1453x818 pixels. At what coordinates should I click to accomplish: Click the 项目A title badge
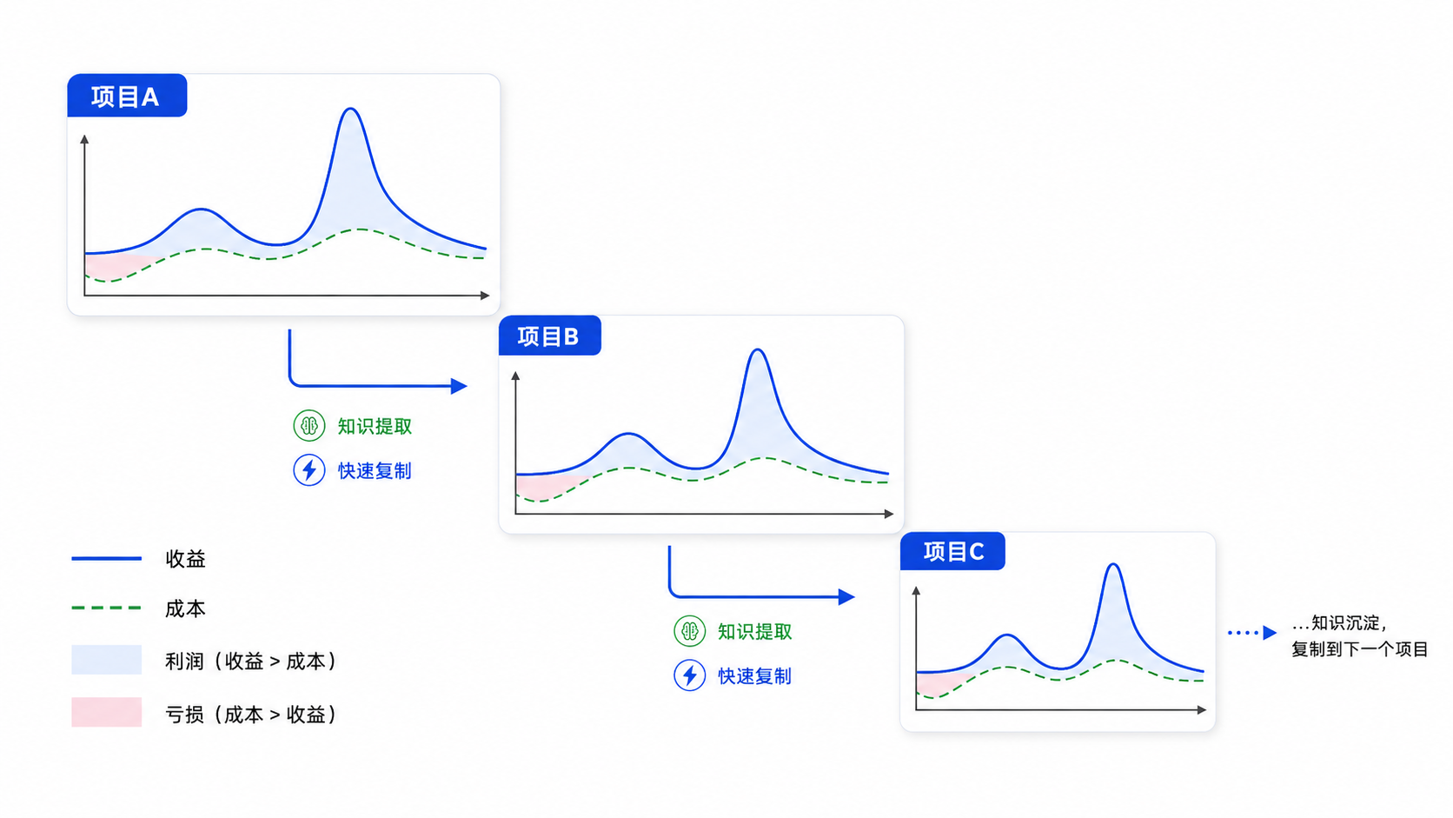[127, 96]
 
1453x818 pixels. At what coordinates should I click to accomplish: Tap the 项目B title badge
[549, 336]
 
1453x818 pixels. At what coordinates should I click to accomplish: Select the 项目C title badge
[952, 551]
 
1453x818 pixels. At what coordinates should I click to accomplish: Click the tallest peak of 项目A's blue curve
[351, 109]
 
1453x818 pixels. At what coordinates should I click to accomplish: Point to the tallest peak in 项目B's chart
[758, 350]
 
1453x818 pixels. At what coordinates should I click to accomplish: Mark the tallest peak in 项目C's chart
[1114, 565]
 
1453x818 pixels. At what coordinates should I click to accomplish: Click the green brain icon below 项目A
[309, 426]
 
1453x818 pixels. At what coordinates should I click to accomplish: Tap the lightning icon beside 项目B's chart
[309, 469]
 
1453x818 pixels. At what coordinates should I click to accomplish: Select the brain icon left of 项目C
[689, 630]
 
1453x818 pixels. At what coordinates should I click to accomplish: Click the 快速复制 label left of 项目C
[754, 676]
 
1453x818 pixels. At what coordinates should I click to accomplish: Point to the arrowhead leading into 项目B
[459, 386]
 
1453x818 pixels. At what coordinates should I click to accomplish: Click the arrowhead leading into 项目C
[846, 597]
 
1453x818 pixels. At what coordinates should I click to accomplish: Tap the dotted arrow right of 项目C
[1252, 633]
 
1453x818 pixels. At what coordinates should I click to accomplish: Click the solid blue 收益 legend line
[106, 558]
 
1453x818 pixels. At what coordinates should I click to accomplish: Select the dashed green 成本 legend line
[106, 608]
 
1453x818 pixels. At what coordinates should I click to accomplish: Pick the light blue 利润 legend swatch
[106, 660]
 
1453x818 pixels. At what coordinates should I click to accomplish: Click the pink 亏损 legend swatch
[106, 712]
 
